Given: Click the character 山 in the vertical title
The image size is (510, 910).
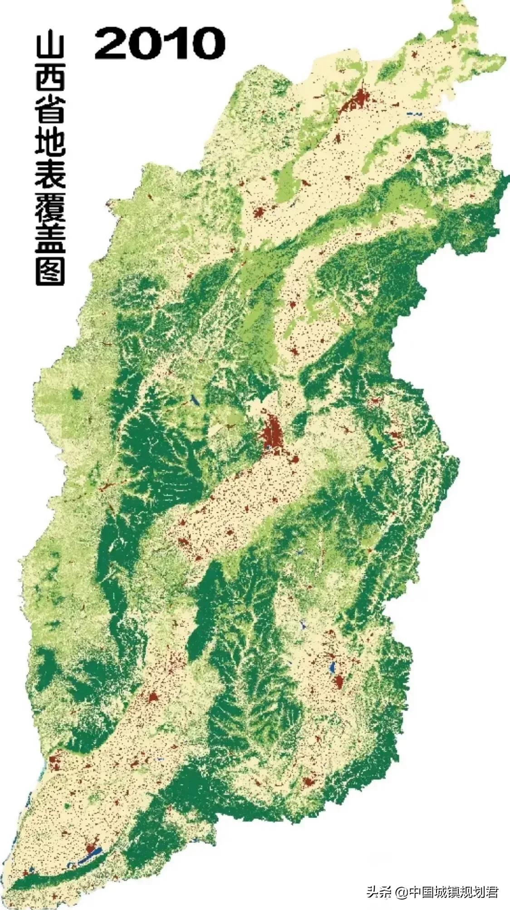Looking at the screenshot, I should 50,50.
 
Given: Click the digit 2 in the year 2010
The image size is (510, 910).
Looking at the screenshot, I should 114,43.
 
